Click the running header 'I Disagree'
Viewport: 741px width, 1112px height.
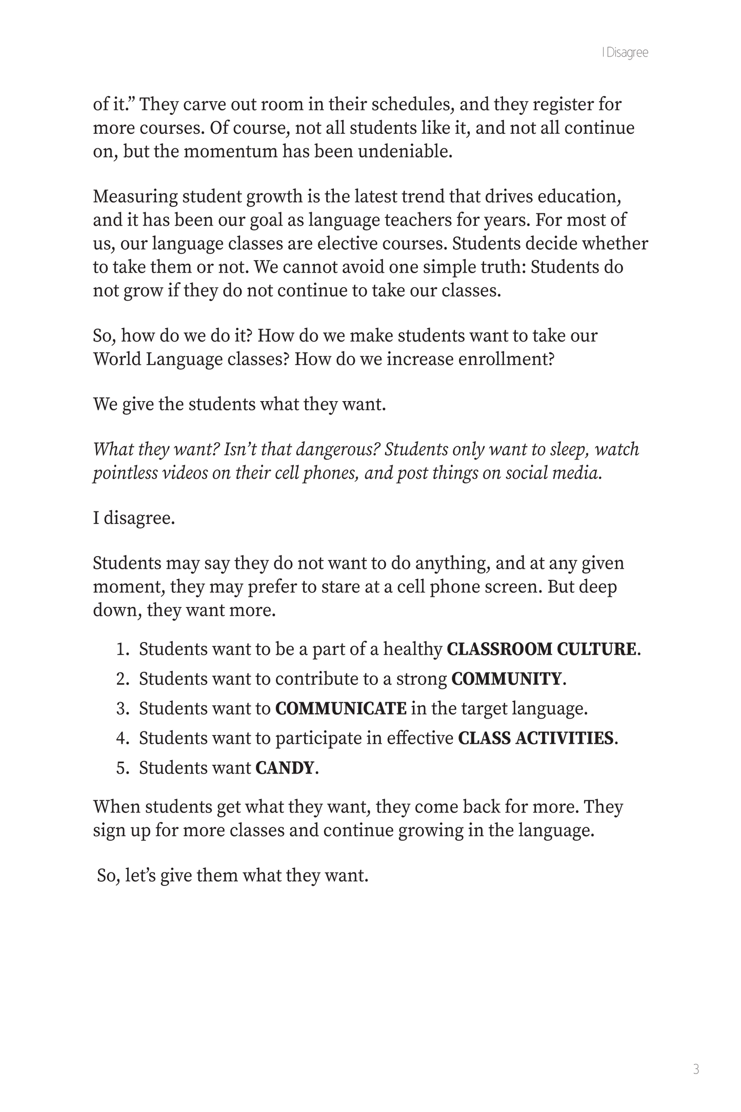(x=625, y=53)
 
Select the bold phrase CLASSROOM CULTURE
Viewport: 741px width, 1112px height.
(x=542, y=649)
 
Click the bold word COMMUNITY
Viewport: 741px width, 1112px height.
(x=506, y=679)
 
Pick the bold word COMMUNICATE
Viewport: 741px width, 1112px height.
(x=341, y=709)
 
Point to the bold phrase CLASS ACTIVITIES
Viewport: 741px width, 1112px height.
(x=535, y=739)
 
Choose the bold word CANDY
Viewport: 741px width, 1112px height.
(x=285, y=768)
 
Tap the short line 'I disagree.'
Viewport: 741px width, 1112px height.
(x=134, y=518)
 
